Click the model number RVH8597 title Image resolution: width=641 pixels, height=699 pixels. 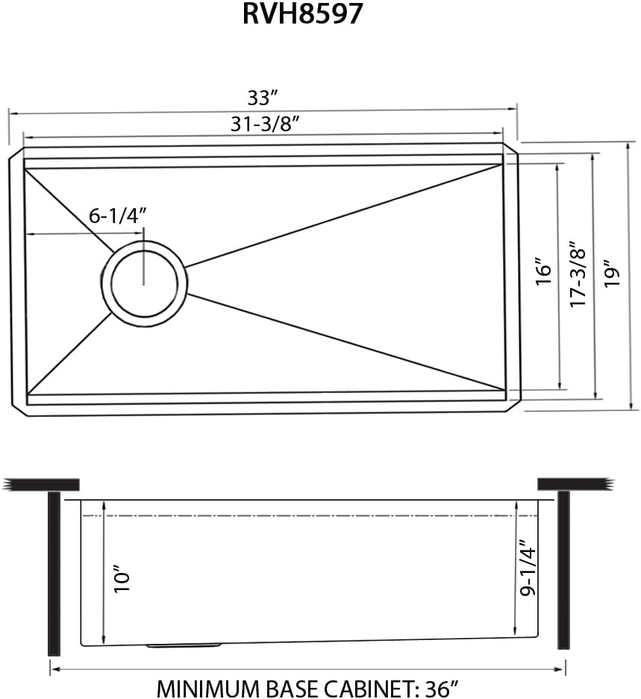coord(302,15)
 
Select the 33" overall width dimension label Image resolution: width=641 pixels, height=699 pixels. coord(263,98)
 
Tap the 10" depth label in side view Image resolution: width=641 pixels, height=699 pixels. coord(122,578)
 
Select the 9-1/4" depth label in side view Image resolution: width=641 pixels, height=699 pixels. coord(528,568)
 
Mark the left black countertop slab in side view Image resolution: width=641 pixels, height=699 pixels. coord(42,484)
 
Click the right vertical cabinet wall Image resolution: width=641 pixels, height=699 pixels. coord(563,571)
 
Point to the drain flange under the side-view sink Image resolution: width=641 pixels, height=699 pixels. coord(184,645)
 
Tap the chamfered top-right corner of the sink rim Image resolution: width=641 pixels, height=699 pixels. coord(512,150)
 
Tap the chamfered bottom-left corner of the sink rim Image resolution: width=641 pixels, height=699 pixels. coord(18,408)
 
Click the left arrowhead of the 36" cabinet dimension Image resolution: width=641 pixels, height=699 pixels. coord(53,670)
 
